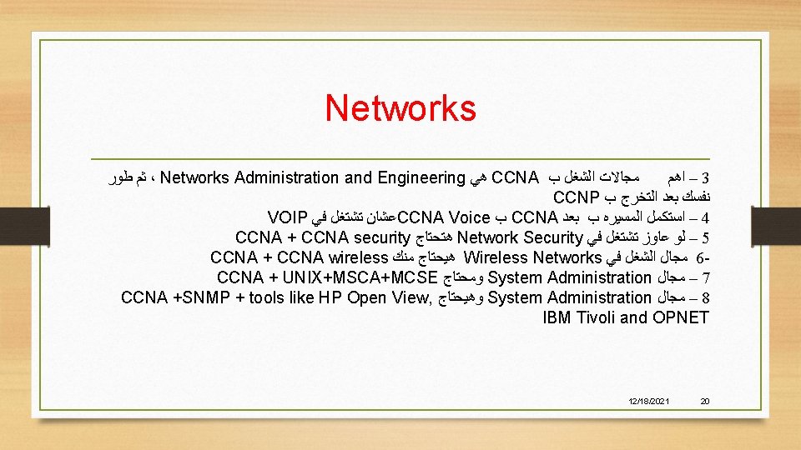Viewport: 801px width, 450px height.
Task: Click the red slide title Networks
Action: coord(400,107)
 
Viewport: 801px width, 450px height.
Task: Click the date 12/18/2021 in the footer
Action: coord(651,402)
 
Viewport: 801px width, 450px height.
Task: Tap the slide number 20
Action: coord(704,402)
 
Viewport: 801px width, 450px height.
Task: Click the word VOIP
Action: coord(289,217)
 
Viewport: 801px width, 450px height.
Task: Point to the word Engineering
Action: coord(421,177)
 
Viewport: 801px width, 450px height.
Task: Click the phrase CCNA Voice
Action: coord(444,217)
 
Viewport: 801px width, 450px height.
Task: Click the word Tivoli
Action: coord(599,317)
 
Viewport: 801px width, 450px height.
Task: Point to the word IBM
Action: coord(557,317)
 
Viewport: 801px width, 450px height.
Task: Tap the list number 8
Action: coord(705,297)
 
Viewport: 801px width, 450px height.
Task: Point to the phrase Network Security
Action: coord(519,237)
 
